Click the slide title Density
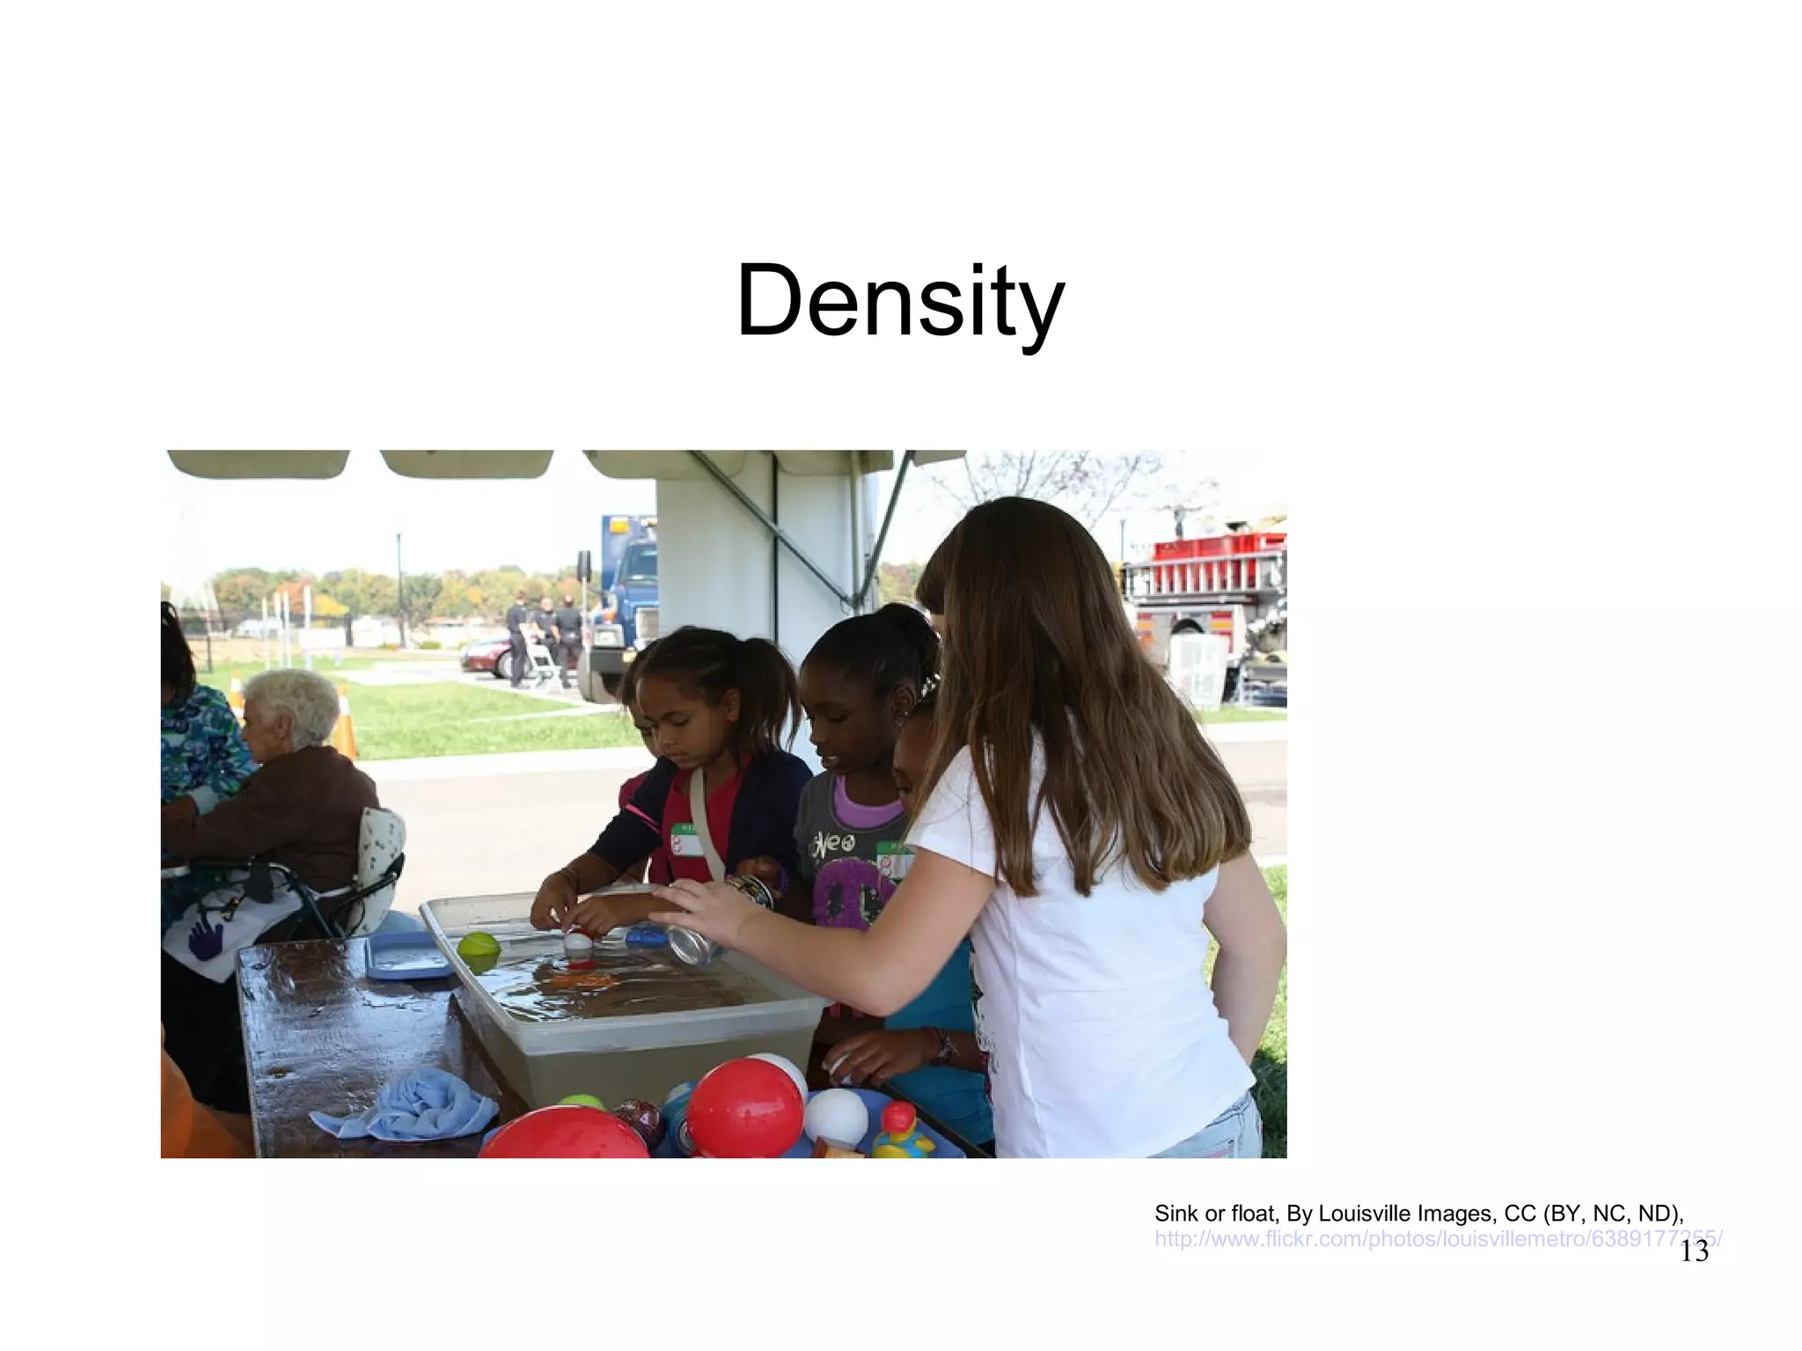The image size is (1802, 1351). pyautogui.click(x=900, y=301)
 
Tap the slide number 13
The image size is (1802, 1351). pyautogui.click(x=1694, y=1252)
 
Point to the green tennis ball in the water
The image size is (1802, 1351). pyautogui.click(x=479, y=951)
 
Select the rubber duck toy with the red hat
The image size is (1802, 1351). pyautogui.click(x=901, y=1133)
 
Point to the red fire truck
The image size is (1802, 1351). pyautogui.click(x=1210, y=607)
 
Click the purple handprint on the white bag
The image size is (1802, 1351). pyautogui.click(x=206, y=935)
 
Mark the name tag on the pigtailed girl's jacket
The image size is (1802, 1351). pyautogui.click(x=688, y=840)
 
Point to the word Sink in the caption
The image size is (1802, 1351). pyautogui.click(x=1175, y=1214)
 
